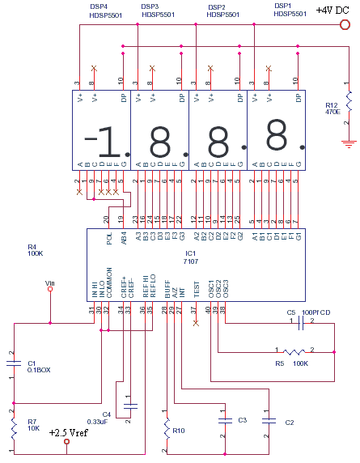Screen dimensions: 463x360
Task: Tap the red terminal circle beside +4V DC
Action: click(x=344, y=24)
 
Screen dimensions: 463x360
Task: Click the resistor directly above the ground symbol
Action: click(x=349, y=100)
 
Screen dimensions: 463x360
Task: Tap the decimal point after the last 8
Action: click(x=302, y=148)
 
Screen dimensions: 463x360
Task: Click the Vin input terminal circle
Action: click(x=50, y=289)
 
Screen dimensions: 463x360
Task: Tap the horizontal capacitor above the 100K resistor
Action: click(x=300, y=321)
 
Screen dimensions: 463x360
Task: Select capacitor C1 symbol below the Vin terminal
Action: click(x=13, y=363)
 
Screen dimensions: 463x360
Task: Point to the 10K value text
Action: click(x=32, y=427)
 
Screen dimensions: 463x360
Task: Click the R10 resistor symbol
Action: click(x=167, y=426)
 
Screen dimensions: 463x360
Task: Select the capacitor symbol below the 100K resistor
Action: click(x=266, y=422)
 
